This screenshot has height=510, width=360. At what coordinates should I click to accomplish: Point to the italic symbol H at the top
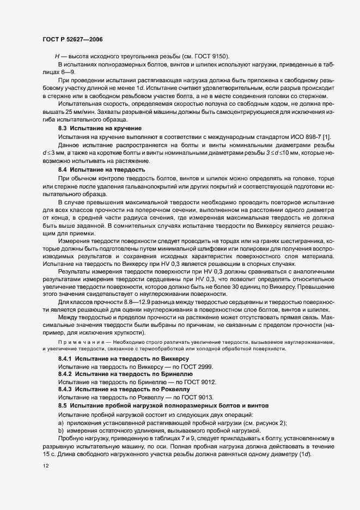[57, 57]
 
